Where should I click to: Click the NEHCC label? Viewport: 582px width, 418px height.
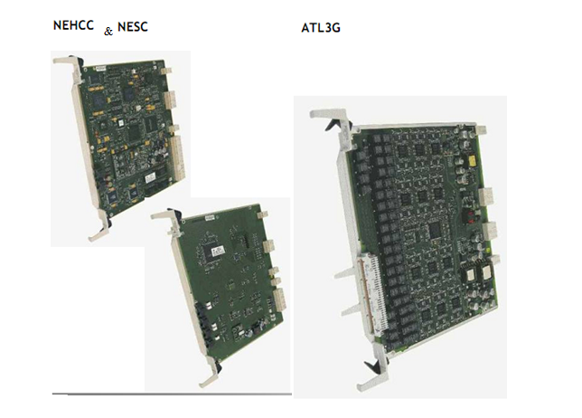(x=73, y=25)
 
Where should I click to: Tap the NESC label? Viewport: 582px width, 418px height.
(x=133, y=27)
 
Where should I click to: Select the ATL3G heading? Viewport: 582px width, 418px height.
(x=321, y=28)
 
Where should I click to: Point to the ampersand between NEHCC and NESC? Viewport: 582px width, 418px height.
(x=108, y=32)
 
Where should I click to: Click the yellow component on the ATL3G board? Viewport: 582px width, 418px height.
(x=473, y=161)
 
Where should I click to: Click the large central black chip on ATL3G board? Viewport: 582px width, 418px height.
(x=435, y=231)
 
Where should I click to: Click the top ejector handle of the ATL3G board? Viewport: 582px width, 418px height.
(x=330, y=119)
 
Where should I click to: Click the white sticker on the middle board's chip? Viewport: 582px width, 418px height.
(x=217, y=252)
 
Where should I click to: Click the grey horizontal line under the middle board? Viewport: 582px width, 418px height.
(x=172, y=394)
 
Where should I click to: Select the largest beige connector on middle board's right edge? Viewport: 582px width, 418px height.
(x=278, y=300)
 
